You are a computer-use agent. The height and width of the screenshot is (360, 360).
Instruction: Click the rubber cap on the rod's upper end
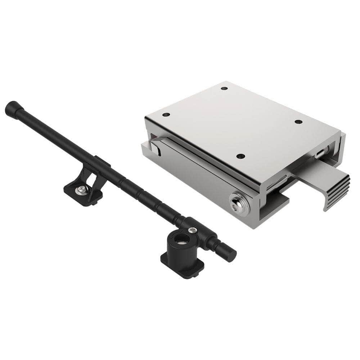pos(12,108)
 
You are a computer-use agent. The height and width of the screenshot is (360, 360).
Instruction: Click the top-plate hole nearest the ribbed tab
pos(298,122)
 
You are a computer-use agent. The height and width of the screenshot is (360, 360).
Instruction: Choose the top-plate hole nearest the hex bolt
pos(240,156)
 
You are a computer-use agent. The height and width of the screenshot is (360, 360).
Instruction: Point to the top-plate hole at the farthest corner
pos(224,88)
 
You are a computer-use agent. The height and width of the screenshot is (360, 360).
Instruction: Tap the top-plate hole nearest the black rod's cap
pos(166,115)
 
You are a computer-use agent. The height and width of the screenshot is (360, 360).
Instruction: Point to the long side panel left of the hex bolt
pos(194,173)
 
